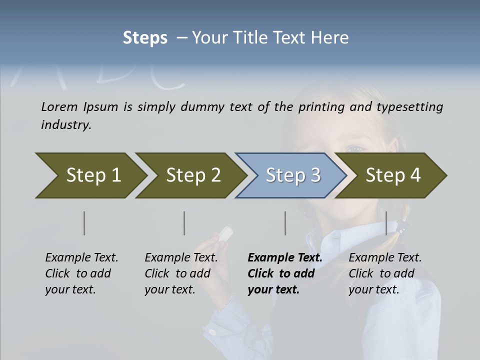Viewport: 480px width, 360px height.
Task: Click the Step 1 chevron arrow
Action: (x=90, y=175)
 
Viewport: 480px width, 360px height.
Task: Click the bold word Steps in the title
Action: (x=145, y=38)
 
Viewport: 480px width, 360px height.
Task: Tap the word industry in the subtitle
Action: (x=65, y=125)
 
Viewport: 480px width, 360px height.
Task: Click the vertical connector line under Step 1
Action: (x=84, y=223)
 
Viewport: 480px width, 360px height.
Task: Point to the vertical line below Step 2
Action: (x=184, y=223)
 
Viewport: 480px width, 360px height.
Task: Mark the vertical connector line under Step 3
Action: (x=285, y=223)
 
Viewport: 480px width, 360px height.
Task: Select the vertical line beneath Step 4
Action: (x=386, y=223)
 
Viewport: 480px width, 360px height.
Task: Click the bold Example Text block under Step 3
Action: (x=284, y=273)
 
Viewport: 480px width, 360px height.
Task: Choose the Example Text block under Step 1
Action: (x=81, y=273)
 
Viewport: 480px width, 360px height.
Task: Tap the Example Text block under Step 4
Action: (x=384, y=273)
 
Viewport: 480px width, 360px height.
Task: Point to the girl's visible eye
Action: (x=356, y=149)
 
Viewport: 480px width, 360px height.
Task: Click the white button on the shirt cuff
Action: (x=212, y=331)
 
